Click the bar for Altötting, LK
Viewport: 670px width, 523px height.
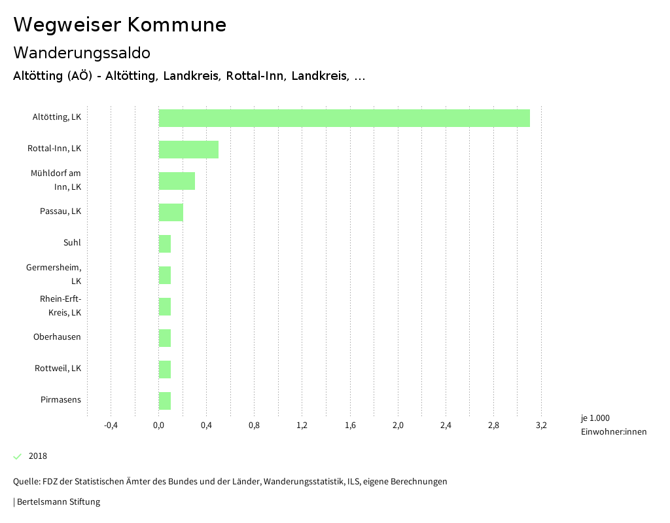[344, 118]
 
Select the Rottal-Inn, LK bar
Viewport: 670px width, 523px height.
[188, 150]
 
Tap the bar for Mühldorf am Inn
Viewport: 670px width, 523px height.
[177, 181]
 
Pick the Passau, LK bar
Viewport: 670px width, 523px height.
[171, 213]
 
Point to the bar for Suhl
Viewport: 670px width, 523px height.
[165, 244]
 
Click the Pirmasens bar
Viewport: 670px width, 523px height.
[165, 401]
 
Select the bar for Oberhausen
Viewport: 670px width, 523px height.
[165, 338]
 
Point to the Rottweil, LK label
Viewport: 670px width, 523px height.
[58, 369]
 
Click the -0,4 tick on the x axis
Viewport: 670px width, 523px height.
[111, 425]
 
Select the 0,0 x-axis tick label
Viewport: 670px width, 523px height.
[159, 425]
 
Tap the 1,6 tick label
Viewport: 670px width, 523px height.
[350, 425]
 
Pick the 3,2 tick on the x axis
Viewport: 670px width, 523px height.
[541, 425]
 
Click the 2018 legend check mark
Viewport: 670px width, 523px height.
[18, 456]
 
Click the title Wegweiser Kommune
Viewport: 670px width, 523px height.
[120, 25]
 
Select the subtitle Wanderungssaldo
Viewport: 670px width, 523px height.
[82, 52]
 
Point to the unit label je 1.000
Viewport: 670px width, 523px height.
[595, 418]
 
